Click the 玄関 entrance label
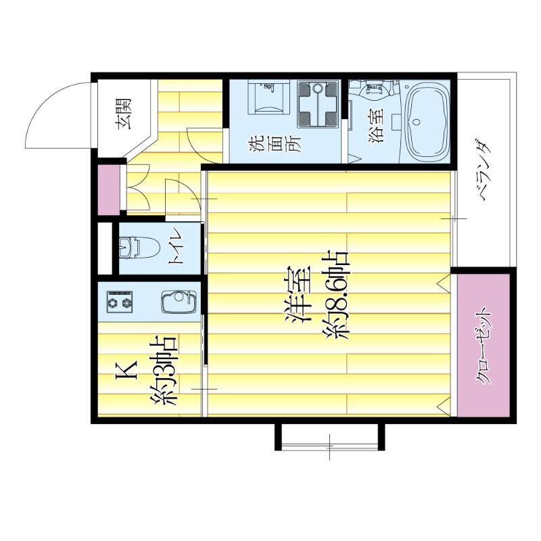click(125, 114)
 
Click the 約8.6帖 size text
click(336, 296)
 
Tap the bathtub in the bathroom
click(427, 122)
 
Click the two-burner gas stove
click(120, 302)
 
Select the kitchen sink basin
click(179, 302)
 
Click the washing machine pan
click(318, 104)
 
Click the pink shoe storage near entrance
click(109, 189)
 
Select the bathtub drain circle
click(417, 122)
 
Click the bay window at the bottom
click(329, 436)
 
